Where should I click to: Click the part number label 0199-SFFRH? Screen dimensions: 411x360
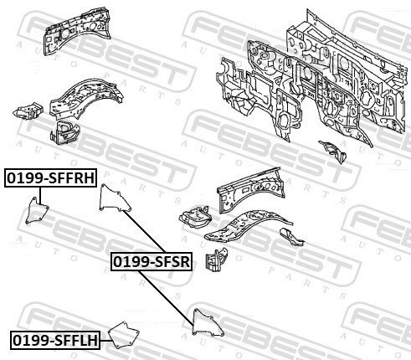[x=50, y=177]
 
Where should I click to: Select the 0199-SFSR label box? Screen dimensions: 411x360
[x=152, y=261]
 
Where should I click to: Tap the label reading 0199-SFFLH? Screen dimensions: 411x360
[x=55, y=340]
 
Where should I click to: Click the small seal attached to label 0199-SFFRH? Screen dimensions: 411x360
[x=37, y=210]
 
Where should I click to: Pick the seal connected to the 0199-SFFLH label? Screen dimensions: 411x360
[x=124, y=335]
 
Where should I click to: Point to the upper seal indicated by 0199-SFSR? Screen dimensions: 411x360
[x=115, y=198]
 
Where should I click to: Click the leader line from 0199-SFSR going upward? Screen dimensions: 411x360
[x=144, y=232]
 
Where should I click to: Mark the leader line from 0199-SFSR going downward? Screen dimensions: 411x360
[x=166, y=298]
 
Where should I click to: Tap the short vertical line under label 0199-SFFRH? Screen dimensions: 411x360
[x=40, y=196]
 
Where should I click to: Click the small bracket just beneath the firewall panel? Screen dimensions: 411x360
[x=333, y=152]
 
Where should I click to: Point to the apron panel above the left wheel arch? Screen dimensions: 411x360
[x=77, y=30]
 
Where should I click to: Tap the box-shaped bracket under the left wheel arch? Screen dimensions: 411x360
[x=64, y=131]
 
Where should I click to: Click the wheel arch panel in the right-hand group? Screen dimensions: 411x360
[x=248, y=226]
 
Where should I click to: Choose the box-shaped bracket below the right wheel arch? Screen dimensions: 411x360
[x=217, y=259]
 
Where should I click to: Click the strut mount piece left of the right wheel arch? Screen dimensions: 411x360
[x=195, y=216]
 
